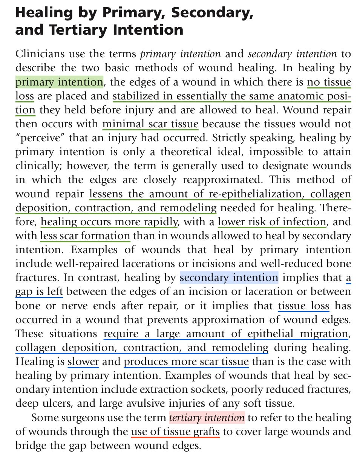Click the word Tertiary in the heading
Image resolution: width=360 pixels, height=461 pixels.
pos(74,29)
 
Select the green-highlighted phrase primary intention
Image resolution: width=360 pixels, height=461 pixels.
pos(59,82)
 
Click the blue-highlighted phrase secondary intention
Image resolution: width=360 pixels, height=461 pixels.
pos(229,278)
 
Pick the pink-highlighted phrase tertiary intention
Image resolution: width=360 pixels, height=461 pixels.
pos(207,418)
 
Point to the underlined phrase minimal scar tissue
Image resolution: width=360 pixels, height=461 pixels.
pos(150,124)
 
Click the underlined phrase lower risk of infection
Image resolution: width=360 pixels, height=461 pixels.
pos(272,222)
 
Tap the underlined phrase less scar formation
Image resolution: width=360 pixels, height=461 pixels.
pos(85,236)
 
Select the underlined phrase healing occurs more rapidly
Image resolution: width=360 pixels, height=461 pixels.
pos(109,222)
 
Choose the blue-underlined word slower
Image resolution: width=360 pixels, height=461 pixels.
pos(83,362)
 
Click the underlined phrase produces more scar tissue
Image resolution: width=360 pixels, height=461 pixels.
pos(186,362)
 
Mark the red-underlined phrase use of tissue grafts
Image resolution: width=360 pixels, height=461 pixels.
pos(175,432)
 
